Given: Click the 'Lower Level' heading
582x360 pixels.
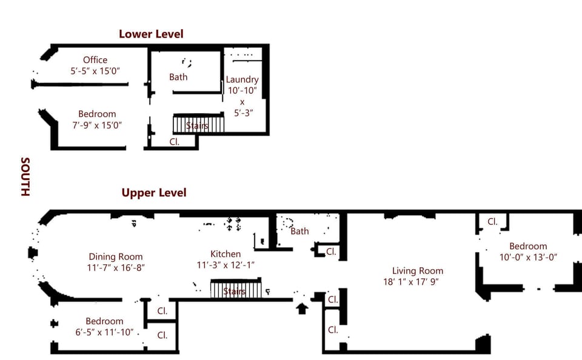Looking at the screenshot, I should coord(151,34).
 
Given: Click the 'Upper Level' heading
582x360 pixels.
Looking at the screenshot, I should coord(154,193).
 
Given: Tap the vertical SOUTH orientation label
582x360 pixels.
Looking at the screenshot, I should coord(25,177).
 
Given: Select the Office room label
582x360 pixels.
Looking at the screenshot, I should coord(95,60).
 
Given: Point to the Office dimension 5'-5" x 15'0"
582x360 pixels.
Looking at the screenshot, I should coord(95,71).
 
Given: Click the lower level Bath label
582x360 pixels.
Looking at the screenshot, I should coord(178,77).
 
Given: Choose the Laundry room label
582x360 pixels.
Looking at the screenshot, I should coord(242,79).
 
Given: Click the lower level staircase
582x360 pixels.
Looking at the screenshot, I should coord(198,125).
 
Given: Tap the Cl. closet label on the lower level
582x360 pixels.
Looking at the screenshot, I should coord(174,141).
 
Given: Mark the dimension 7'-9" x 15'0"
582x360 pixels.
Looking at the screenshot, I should coord(97,125).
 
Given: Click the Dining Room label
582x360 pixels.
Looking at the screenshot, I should coord(116,256).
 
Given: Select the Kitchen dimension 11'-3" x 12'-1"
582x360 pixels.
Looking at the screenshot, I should coord(226,265).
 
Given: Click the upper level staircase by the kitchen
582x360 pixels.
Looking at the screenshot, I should coord(236,289).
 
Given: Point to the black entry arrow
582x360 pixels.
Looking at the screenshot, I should coord(302,308).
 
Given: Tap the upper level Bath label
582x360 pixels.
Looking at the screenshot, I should coord(299,231).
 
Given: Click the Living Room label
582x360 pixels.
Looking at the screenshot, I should coord(417,271).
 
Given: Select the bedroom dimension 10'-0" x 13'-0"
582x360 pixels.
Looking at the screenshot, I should coord(527,257).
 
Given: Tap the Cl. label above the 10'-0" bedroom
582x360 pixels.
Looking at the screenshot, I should coord(492,222).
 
